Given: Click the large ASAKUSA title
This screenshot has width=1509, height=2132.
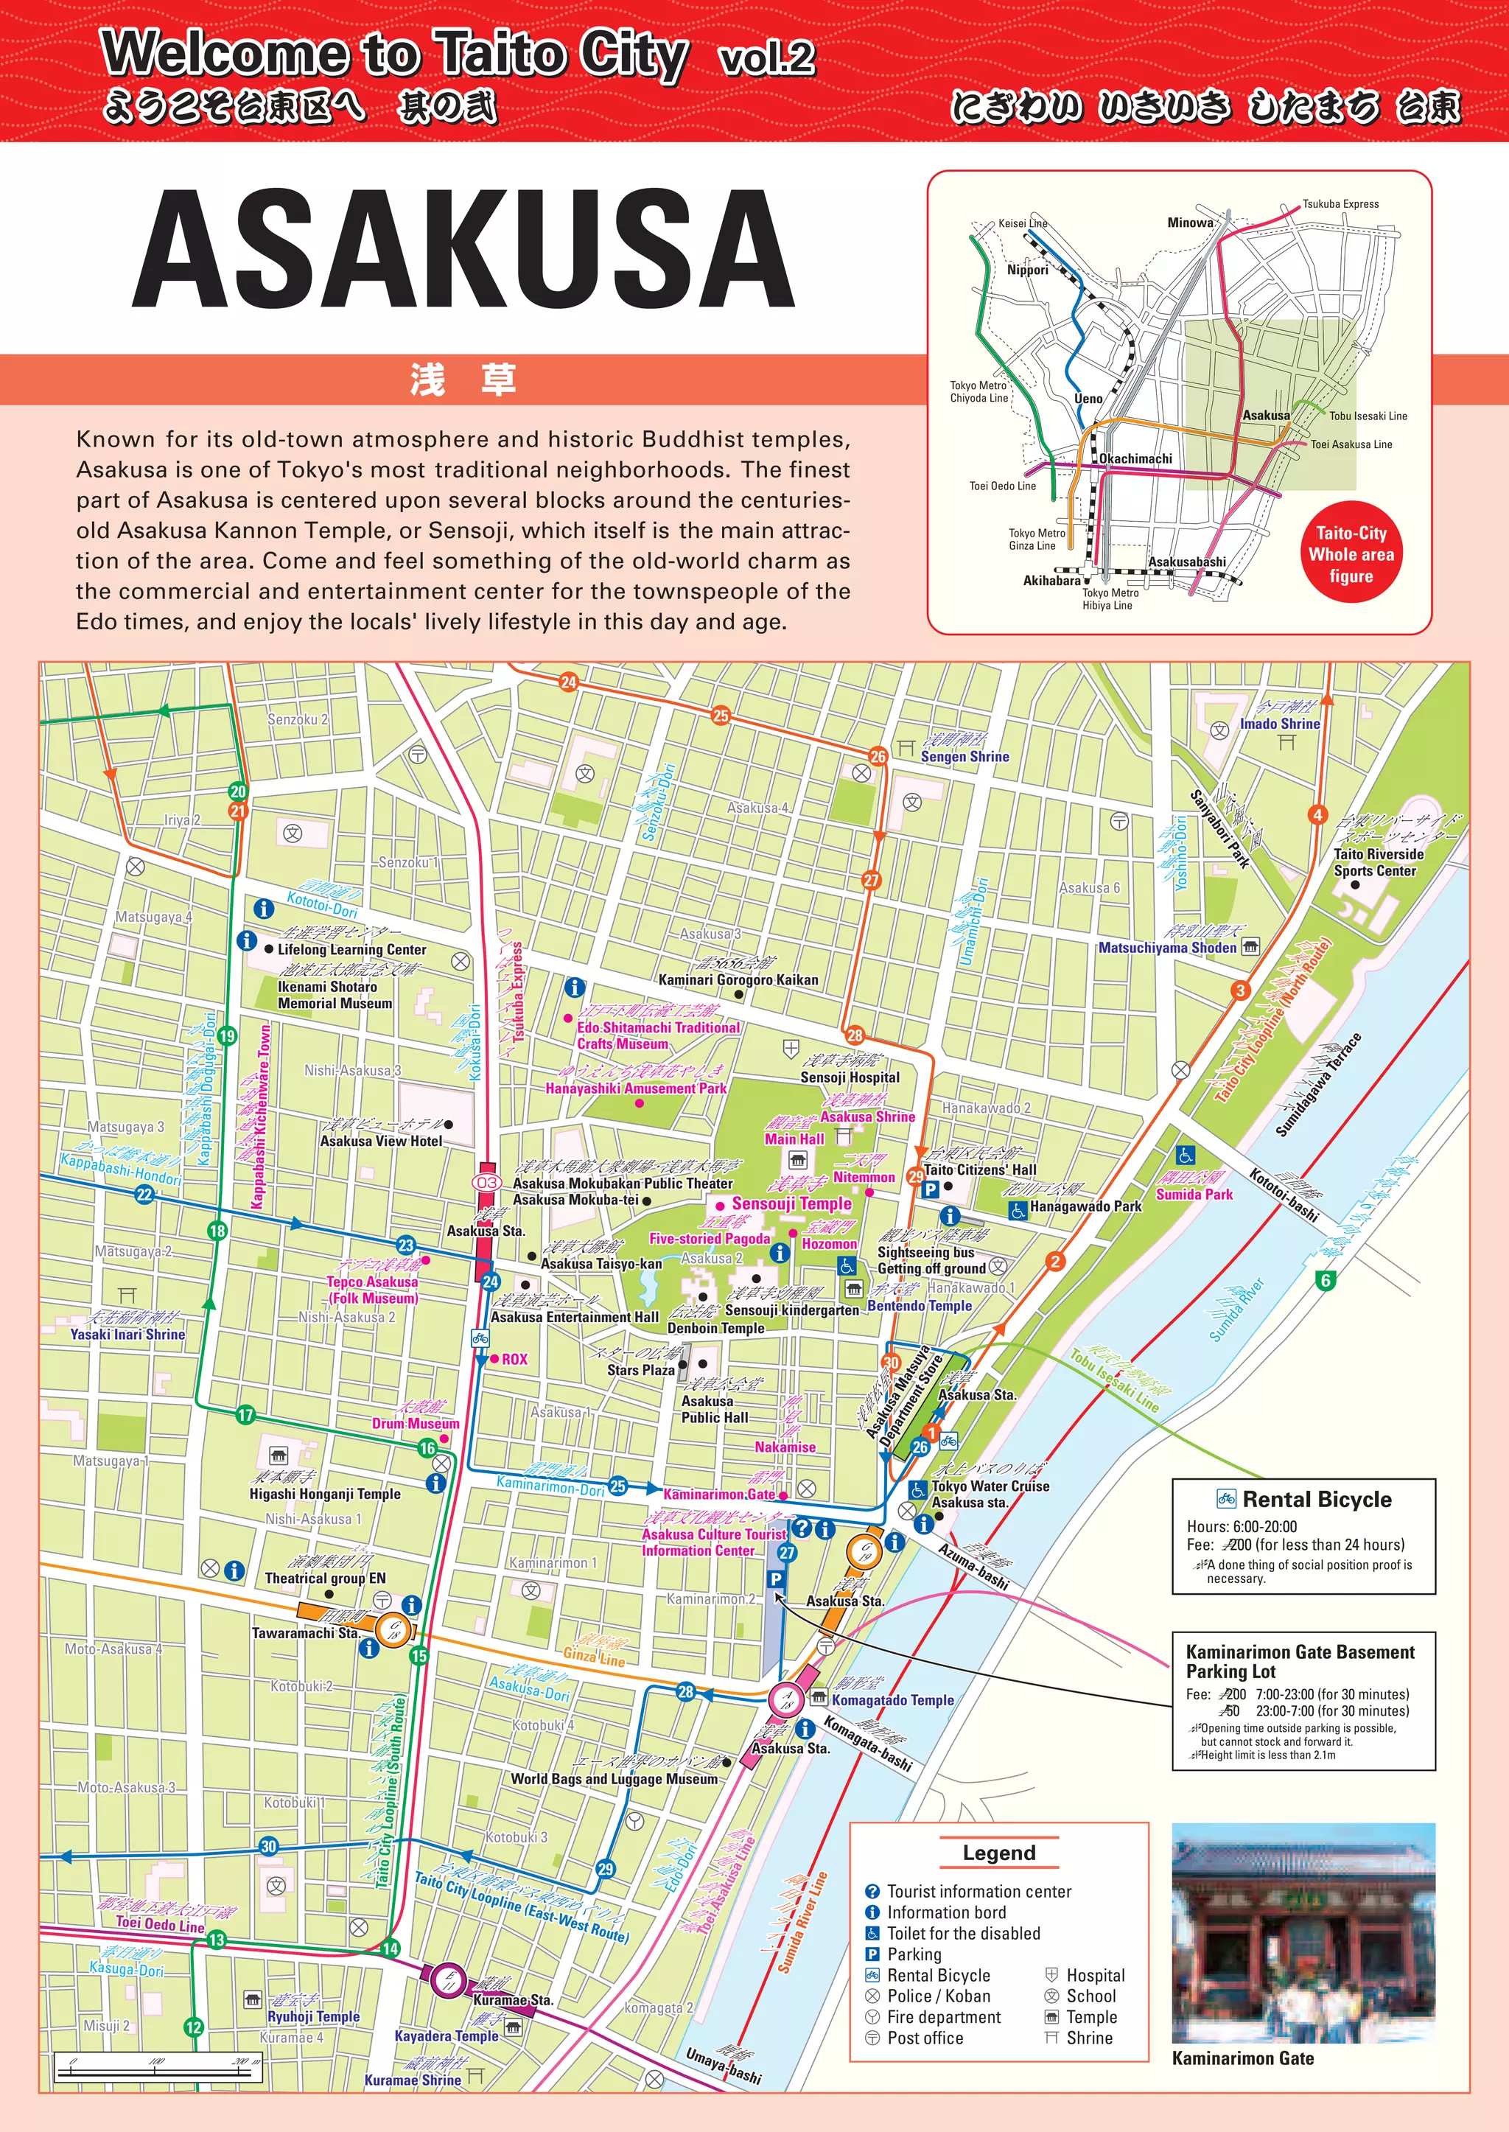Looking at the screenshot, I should [x=463, y=248].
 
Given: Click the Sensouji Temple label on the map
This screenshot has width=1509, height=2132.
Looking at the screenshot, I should [x=791, y=1203].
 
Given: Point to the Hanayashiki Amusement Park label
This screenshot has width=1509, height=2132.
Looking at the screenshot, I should [x=636, y=1088].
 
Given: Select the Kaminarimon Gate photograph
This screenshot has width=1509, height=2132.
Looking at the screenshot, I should [x=1303, y=1933].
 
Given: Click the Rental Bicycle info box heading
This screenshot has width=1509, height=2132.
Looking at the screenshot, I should [x=1316, y=1499].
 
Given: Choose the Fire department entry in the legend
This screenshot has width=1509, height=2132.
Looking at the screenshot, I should [x=943, y=2017].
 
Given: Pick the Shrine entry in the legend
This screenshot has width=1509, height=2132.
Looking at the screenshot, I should [x=1089, y=2037].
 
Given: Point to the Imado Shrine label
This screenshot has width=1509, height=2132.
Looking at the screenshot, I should [x=1280, y=724].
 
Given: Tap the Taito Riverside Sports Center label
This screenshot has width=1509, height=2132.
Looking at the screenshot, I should [x=1378, y=862].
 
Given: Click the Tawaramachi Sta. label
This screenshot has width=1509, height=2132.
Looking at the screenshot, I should [x=305, y=1632].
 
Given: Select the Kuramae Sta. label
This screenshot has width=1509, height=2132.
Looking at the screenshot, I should [x=513, y=1999].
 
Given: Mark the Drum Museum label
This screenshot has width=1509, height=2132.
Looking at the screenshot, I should [x=416, y=1424].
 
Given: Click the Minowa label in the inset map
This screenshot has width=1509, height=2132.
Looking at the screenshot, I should [x=1189, y=223].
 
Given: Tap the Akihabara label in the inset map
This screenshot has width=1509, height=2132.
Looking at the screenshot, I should [x=1051, y=581].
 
